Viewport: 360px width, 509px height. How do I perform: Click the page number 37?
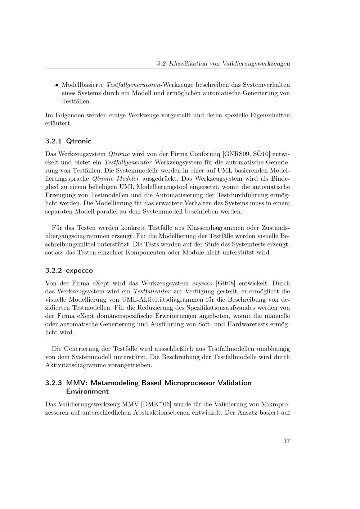pos(286,441)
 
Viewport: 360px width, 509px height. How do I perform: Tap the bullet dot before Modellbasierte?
pos(57,85)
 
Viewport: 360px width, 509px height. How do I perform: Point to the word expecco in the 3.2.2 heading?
pos(79,270)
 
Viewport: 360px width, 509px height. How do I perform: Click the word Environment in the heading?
pos(87,391)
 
